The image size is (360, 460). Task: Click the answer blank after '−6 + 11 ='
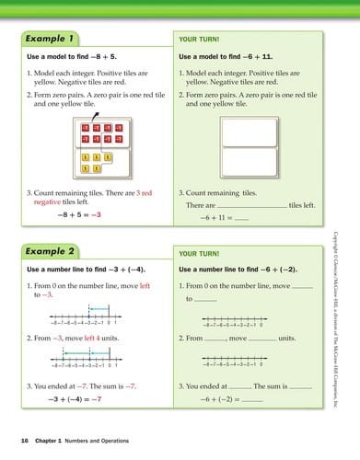(x=242, y=219)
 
